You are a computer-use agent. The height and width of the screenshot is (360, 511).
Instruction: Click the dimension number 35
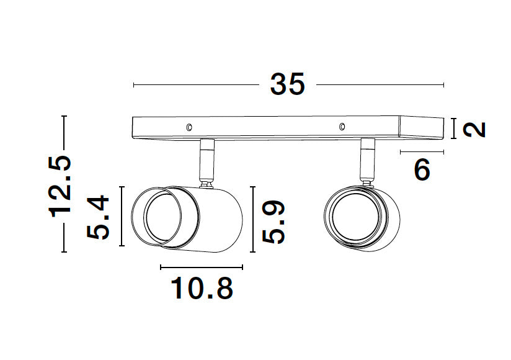288,84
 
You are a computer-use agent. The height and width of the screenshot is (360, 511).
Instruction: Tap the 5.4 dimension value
98,218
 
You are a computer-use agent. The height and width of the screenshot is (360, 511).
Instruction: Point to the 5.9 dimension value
273,221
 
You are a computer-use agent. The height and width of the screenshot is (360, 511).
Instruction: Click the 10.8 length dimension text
202,289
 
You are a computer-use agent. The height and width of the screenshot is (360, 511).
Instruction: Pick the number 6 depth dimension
422,169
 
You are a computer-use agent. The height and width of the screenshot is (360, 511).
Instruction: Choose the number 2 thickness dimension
474,129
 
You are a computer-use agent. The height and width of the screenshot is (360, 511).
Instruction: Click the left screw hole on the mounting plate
189,127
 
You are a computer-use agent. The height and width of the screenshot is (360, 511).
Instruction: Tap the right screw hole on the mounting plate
341,127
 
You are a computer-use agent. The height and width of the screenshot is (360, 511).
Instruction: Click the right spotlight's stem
368,160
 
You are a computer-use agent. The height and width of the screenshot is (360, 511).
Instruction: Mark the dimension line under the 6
422,151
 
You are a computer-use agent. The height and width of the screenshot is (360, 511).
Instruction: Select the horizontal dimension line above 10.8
202,268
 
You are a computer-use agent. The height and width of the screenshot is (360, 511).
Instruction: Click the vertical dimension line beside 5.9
253,220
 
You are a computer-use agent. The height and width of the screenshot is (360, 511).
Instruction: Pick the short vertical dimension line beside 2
455,128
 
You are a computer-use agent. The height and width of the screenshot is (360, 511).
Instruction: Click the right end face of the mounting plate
422,127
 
